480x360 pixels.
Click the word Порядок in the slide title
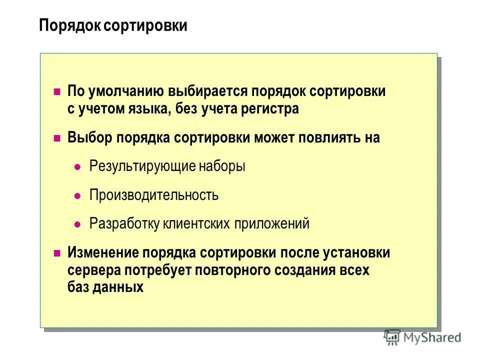[70, 26]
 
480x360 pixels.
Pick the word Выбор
[90, 138]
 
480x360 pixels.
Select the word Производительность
[154, 195]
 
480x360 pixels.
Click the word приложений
[271, 223]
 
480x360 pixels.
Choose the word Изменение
[102, 253]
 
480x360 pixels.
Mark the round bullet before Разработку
[77, 224]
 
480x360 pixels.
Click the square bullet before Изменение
[57, 253]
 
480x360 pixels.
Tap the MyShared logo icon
[392, 337]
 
